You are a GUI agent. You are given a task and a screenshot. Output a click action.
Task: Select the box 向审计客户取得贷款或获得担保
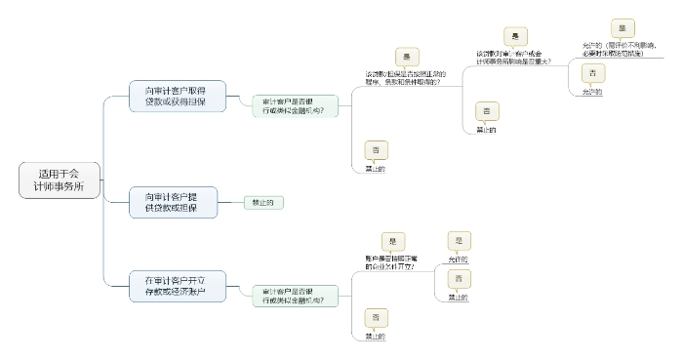178,96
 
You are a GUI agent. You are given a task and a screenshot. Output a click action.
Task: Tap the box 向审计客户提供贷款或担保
178,202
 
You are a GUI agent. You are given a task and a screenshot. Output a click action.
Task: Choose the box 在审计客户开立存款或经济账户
178,284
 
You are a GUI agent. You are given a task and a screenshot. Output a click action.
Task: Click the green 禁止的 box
263,202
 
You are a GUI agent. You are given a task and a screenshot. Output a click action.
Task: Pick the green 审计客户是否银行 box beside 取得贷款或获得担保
294,106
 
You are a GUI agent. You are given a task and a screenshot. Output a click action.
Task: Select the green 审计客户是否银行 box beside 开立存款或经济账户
294,296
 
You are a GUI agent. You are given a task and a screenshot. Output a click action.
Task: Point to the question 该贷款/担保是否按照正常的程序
405,78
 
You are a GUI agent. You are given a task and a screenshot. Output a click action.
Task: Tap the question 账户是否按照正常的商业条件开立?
389,262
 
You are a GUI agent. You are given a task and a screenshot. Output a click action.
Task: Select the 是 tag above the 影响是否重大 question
515,36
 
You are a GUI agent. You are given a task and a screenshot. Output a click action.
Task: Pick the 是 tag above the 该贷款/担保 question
407,58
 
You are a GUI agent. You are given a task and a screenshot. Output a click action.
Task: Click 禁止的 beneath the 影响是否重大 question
486,129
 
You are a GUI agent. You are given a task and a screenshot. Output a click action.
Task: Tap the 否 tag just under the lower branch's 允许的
459,279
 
